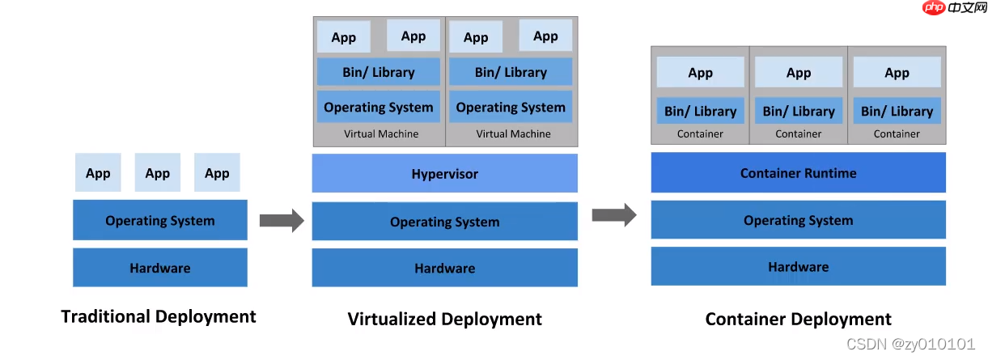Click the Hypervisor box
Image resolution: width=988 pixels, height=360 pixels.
click(444, 173)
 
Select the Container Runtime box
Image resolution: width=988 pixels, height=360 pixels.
click(798, 172)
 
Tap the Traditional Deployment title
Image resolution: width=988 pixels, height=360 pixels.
click(159, 316)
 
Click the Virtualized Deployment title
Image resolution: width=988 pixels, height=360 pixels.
click(444, 319)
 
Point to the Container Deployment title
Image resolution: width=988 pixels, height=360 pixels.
click(798, 319)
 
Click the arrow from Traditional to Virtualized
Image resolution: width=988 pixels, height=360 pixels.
click(281, 220)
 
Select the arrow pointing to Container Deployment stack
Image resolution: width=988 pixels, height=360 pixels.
click(614, 214)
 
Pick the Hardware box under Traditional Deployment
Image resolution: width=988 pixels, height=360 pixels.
click(160, 268)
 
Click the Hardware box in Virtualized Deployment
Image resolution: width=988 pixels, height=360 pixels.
click(444, 268)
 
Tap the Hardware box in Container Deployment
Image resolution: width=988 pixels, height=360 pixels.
click(798, 266)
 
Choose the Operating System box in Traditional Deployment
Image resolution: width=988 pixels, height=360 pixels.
click(160, 220)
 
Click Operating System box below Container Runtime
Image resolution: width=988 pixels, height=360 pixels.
click(798, 220)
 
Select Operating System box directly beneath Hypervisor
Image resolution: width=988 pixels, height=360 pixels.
click(444, 222)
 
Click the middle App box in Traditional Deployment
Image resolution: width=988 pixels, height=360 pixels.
click(158, 173)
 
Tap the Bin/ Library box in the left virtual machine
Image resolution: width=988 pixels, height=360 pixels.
click(378, 72)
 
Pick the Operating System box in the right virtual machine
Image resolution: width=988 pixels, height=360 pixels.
click(511, 107)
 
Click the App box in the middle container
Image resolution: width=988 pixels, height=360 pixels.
click(799, 73)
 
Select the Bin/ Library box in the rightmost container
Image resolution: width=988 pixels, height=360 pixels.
click(897, 111)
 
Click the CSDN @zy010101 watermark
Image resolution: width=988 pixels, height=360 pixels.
click(910, 344)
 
